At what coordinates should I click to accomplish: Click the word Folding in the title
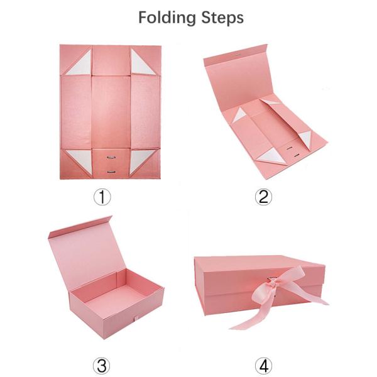click(x=165, y=17)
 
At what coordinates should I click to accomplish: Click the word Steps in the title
click(x=218, y=17)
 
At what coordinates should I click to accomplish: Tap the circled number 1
click(x=102, y=197)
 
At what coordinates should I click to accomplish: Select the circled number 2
click(x=263, y=197)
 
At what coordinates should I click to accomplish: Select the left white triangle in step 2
click(x=240, y=115)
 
